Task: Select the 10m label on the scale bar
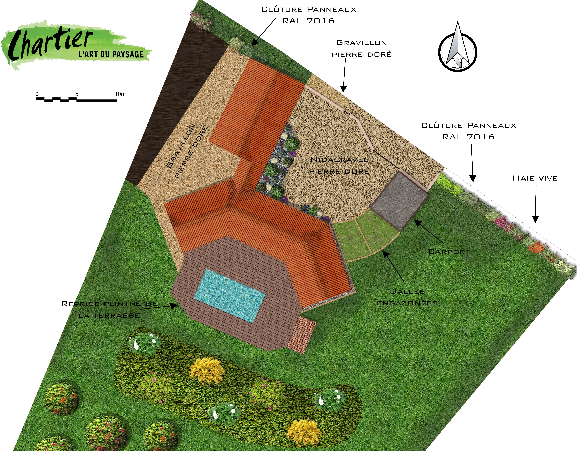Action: (x=120, y=94)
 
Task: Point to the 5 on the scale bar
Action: (x=77, y=94)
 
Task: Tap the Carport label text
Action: (x=449, y=252)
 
